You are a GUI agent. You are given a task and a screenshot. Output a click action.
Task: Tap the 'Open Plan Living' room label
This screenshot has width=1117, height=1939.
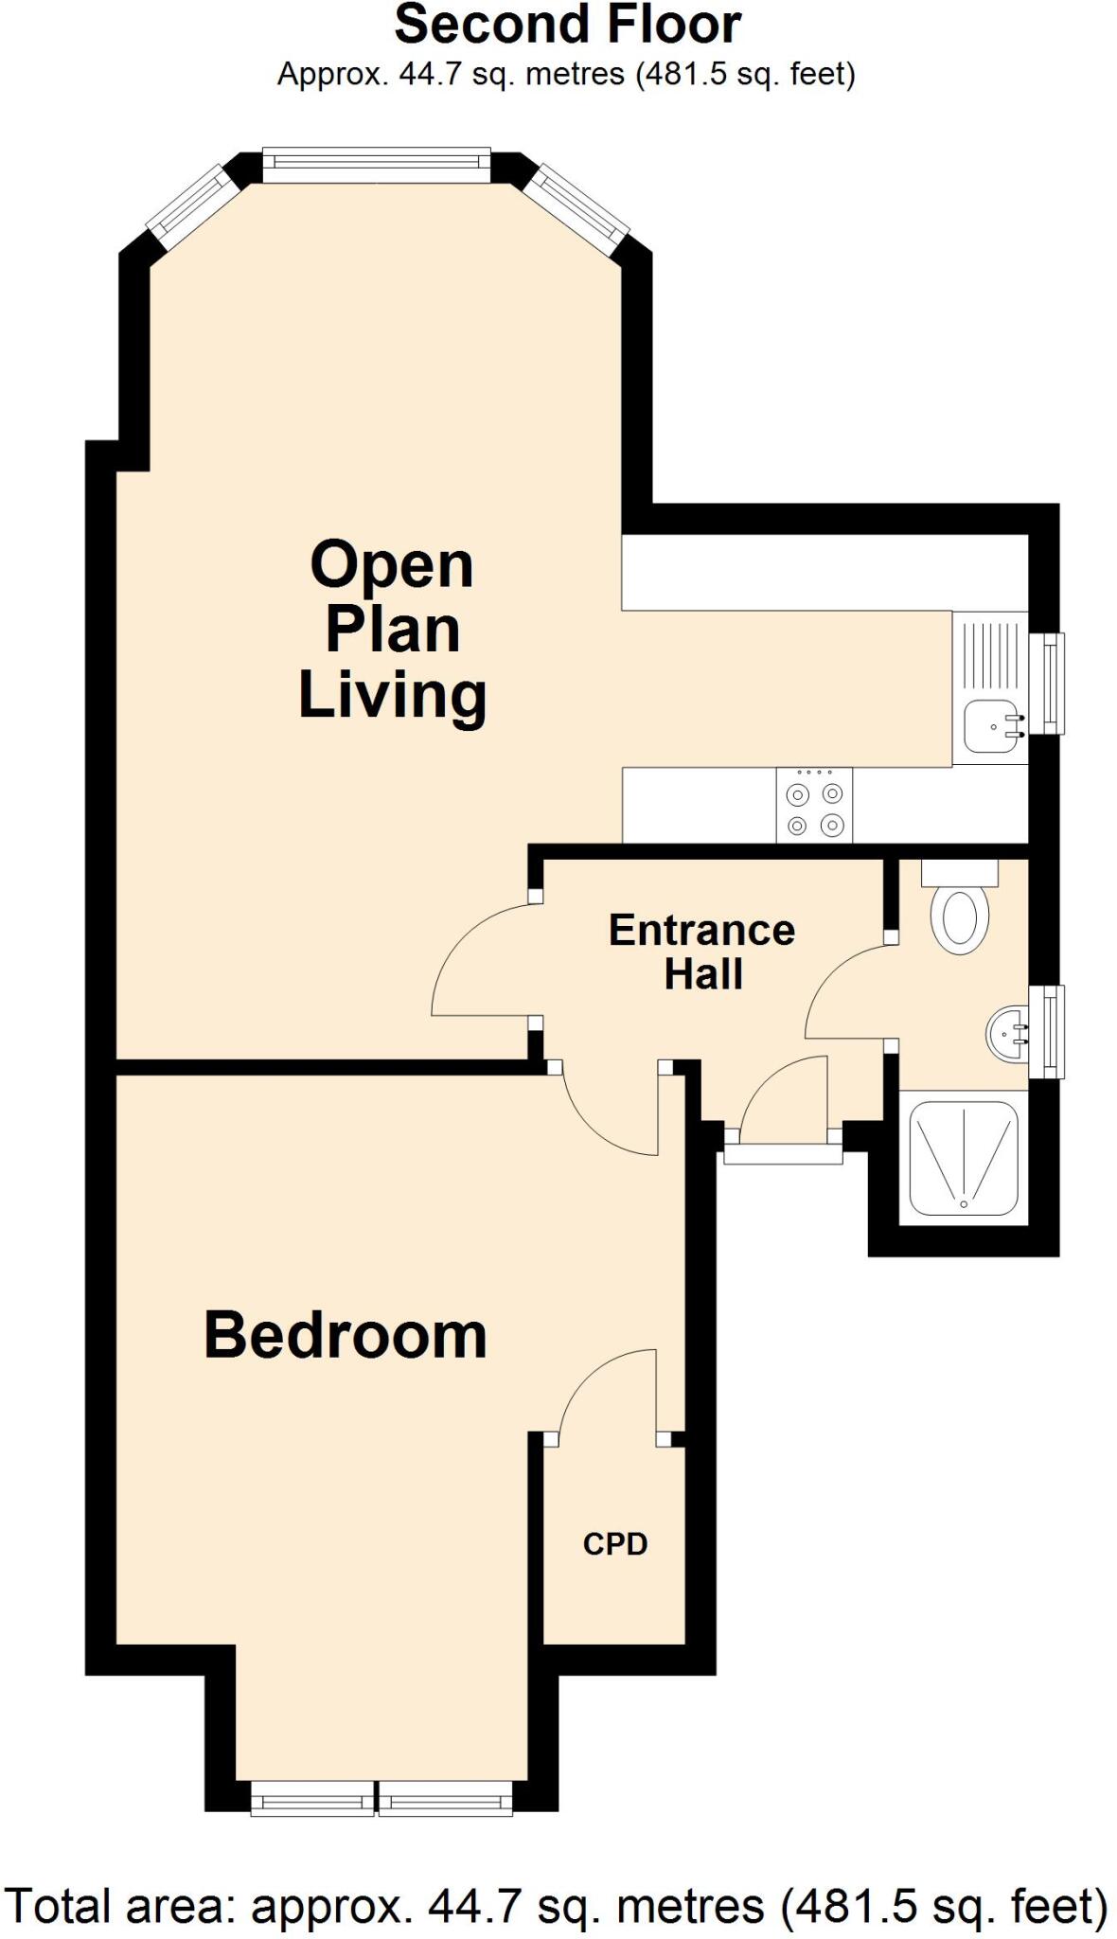[392, 630]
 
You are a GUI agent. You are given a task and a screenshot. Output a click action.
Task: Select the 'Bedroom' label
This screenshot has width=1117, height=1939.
[346, 1335]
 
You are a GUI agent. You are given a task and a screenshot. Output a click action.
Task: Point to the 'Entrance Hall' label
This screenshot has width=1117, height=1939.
[701, 952]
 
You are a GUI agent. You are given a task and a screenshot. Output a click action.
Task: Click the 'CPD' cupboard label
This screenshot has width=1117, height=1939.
[615, 1544]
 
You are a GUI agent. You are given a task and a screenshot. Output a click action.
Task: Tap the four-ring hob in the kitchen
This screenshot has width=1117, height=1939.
[814, 805]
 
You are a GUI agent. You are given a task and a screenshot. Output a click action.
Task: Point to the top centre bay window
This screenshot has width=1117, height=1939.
[377, 165]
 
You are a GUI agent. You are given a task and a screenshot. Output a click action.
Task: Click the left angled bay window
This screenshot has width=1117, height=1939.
[192, 207]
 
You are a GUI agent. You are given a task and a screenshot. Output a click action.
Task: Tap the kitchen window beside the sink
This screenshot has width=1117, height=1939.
[1052, 683]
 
